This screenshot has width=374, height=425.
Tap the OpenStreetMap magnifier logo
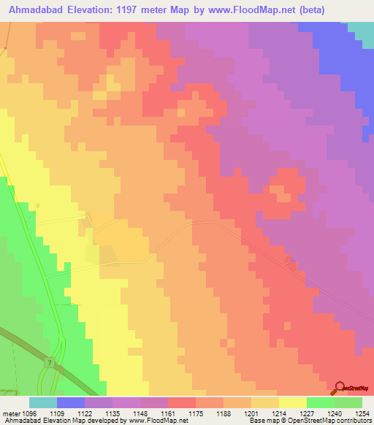pyautogui.click(x=339, y=388)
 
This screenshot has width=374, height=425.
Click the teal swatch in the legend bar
pyautogui.click(x=43, y=402)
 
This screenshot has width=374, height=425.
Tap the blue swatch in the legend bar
pyautogui.click(x=71, y=402)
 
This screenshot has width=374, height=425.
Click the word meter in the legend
pyautogui.click(x=10, y=413)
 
